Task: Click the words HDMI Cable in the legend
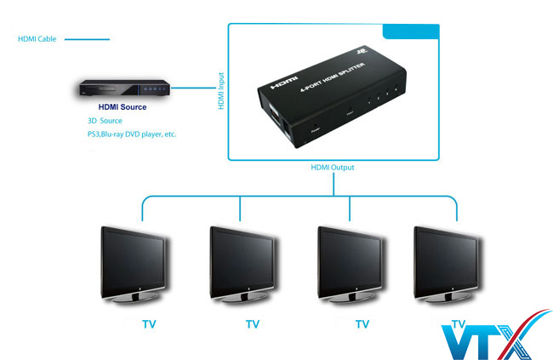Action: pos(37,38)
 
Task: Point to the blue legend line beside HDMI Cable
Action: pos(87,38)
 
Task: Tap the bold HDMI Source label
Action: pos(123,107)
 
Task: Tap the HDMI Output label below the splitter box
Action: pos(333,168)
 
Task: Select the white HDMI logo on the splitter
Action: pos(282,88)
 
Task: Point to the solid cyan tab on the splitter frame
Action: pos(411,31)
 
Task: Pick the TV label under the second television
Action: pos(253,323)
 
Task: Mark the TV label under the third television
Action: pos(362,323)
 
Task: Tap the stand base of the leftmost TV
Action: pos(135,300)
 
